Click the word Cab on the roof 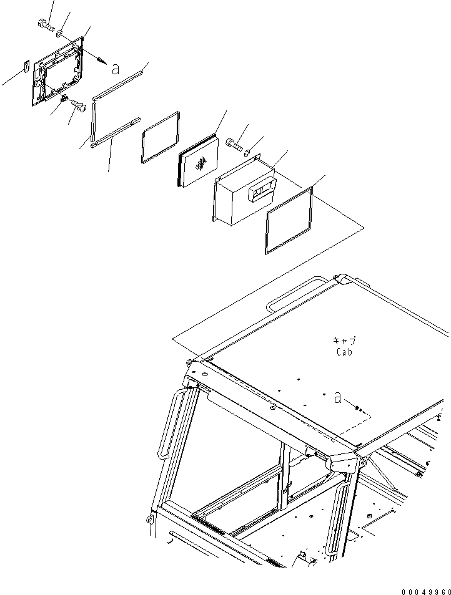click(344, 352)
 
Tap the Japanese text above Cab click(344, 340)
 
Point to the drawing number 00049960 click(426, 592)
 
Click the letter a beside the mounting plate click(115, 69)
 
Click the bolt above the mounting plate click(46, 25)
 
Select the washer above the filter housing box click(247, 153)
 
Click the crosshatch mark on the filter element click(201, 163)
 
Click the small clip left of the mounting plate click(26, 66)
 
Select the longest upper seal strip click(118, 83)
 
